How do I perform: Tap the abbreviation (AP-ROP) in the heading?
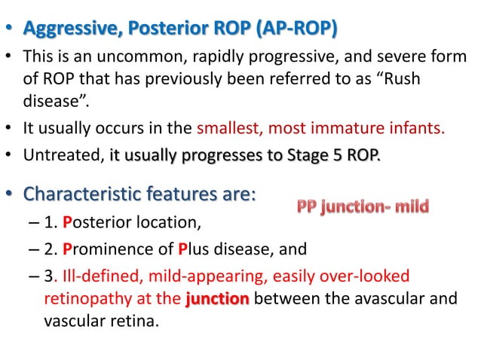tap(298, 29)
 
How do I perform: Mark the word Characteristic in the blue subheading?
tap(82, 195)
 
